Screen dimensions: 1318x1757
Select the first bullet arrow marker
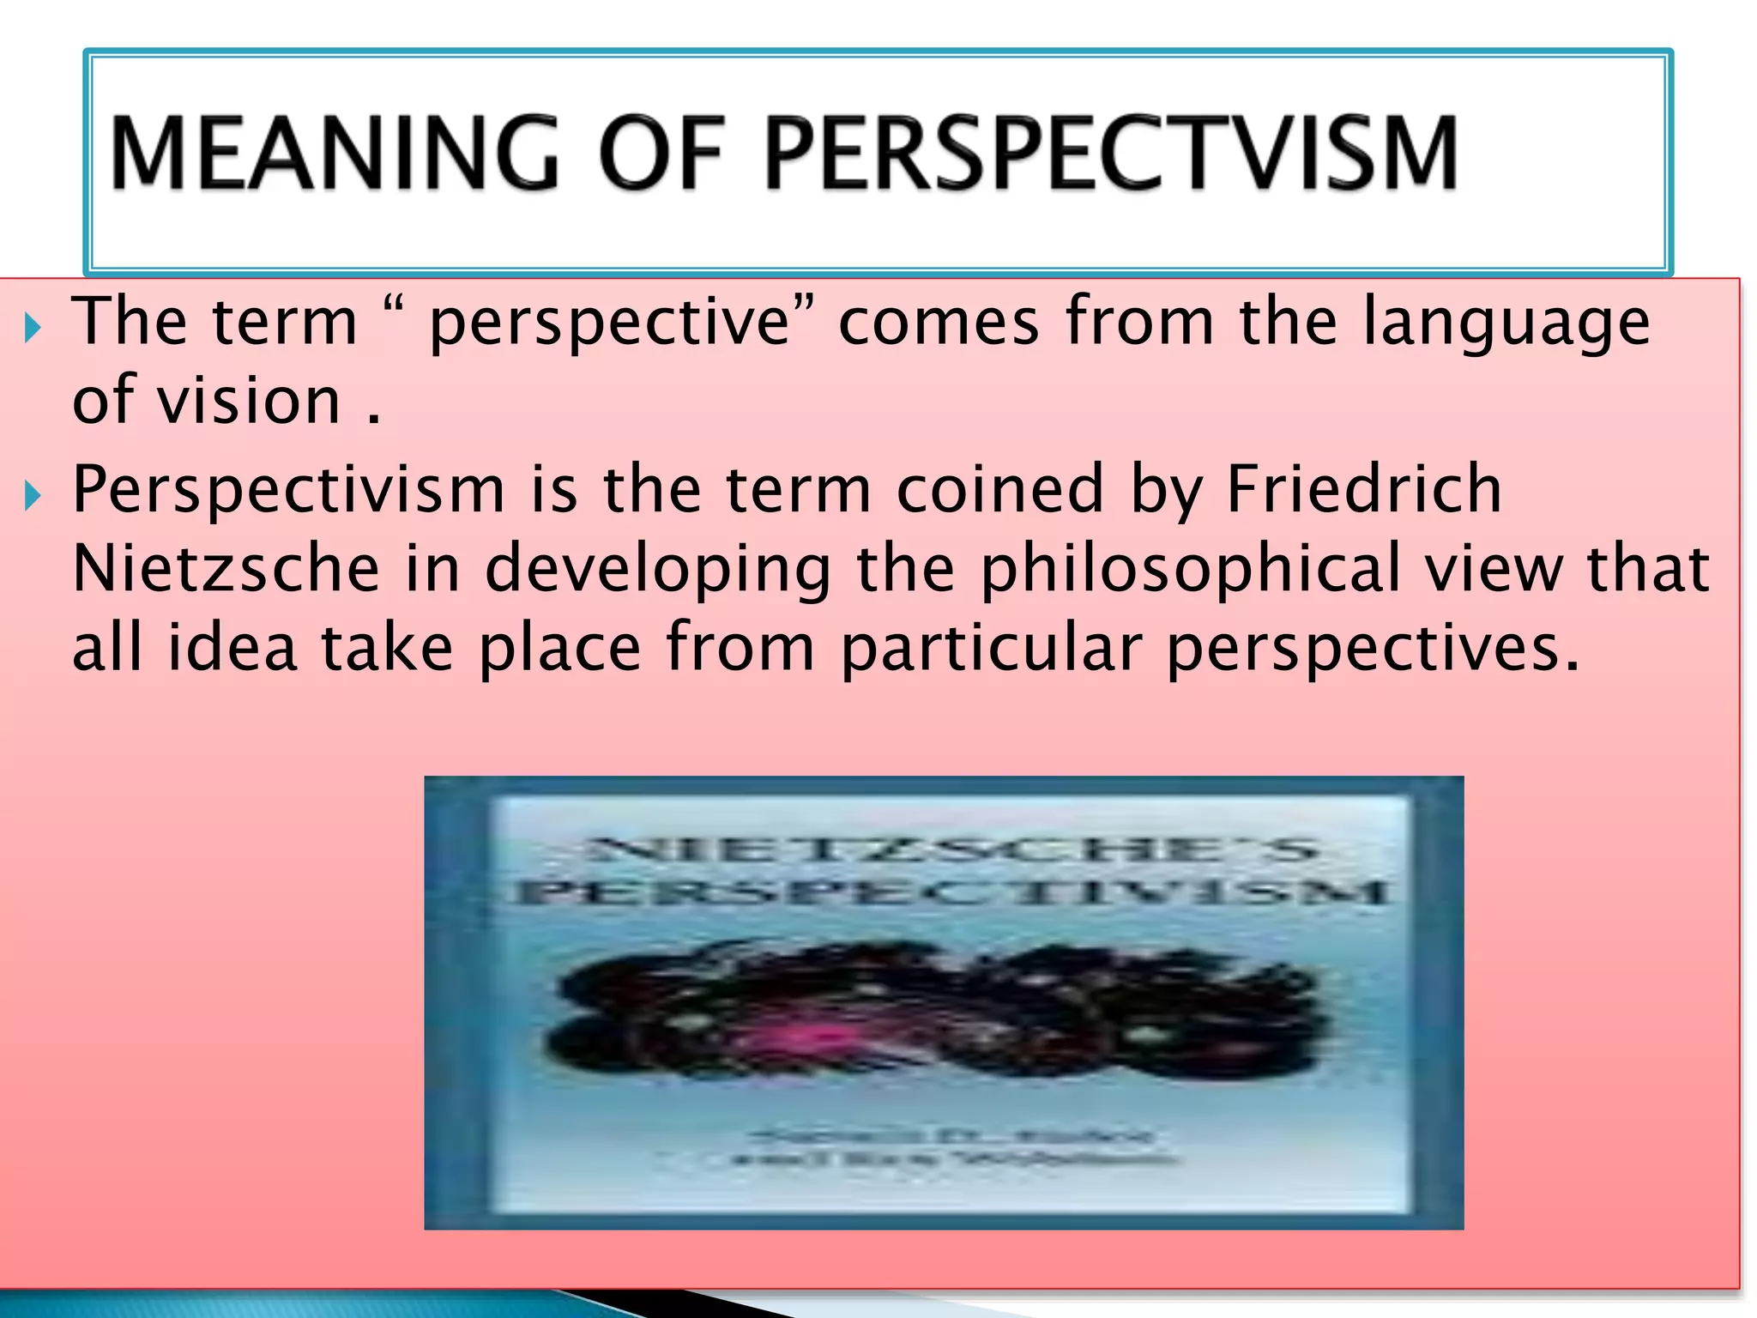(x=33, y=327)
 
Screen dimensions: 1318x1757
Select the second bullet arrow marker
(x=33, y=495)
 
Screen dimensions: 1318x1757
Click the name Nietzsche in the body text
(x=226, y=569)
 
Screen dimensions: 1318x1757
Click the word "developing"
(x=658, y=569)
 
